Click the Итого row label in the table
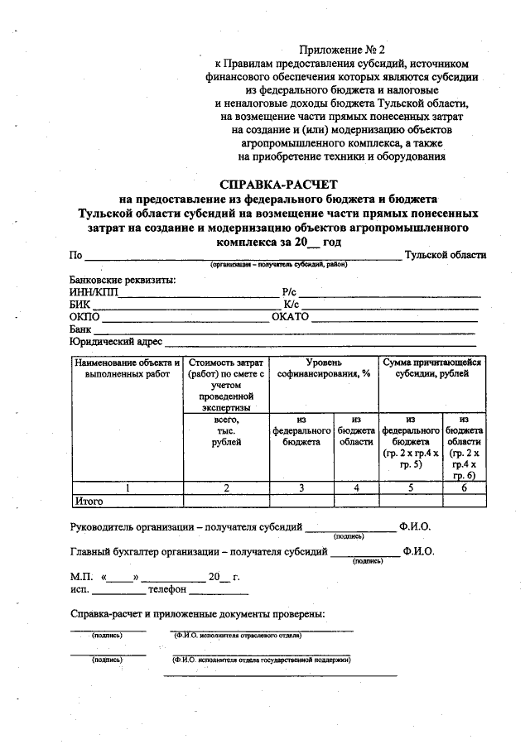[89, 501]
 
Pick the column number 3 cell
[301, 488]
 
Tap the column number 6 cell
[465, 488]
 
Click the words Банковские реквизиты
[123, 280]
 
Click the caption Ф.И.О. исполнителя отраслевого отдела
[238, 636]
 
